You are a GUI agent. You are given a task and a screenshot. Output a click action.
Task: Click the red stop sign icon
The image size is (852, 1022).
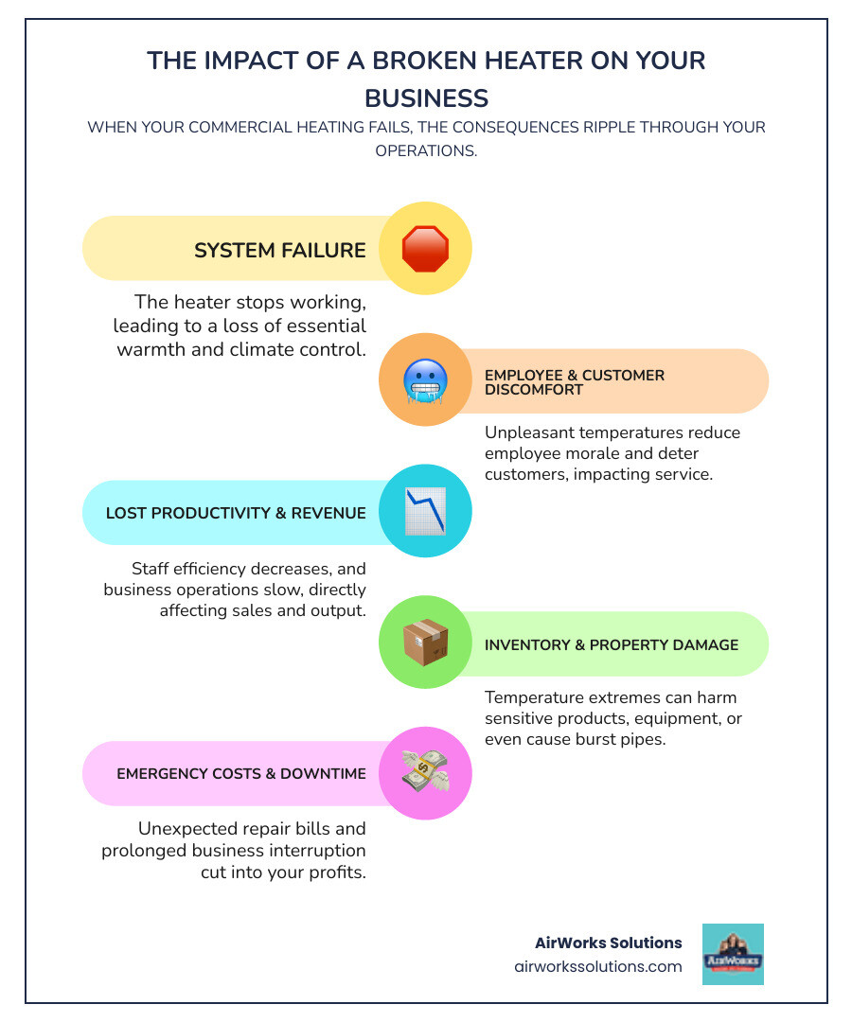[425, 249]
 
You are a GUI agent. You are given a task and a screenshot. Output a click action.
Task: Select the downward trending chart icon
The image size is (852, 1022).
[425, 512]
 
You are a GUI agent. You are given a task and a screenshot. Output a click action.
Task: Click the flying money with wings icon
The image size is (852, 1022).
[425, 773]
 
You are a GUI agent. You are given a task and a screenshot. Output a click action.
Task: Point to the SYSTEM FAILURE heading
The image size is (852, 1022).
[280, 251]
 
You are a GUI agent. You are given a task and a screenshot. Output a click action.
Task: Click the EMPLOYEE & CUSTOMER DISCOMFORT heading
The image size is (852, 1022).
[574, 382]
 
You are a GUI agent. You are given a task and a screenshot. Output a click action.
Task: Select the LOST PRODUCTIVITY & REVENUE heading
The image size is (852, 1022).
[236, 513]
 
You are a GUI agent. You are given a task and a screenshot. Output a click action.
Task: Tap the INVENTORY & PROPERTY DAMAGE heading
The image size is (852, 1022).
[612, 644]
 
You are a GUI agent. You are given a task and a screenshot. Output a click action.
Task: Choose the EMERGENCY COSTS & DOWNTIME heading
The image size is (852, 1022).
[241, 774]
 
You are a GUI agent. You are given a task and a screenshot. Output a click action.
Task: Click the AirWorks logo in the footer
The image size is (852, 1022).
[733, 954]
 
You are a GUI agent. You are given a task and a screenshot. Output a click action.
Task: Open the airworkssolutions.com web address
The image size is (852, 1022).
[597, 967]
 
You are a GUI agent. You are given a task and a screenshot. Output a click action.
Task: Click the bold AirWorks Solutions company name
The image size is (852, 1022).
[608, 943]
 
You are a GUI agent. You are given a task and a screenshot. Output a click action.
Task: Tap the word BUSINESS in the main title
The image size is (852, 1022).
[426, 97]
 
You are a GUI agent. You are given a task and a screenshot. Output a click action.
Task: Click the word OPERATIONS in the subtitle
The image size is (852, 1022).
[426, 150]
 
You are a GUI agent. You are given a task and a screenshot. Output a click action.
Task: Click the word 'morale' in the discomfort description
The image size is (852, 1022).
[595, 453]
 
